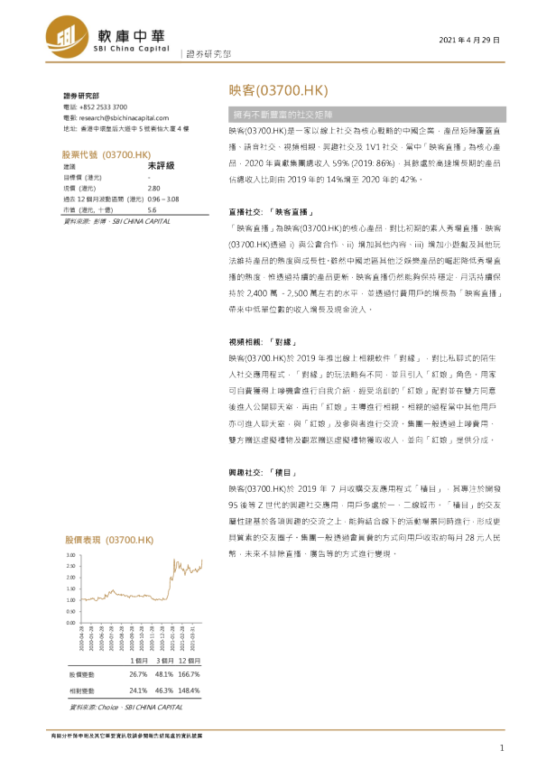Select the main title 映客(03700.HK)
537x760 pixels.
pos(276,92)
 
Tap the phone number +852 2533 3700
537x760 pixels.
pos(106,107)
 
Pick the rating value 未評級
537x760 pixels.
pos(160,166)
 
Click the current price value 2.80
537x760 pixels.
pos(153,188)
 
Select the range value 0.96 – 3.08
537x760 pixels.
pos(162,198)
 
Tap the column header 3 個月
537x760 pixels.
pos(163,660)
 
